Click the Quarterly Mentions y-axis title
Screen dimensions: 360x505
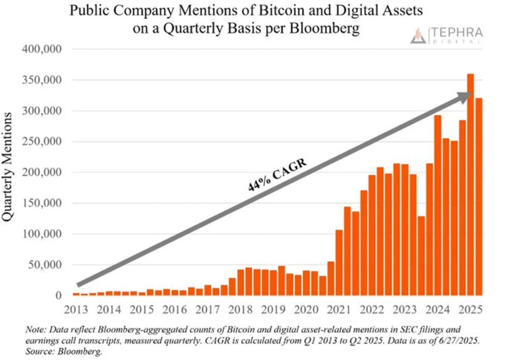11,167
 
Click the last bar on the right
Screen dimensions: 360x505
478,196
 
